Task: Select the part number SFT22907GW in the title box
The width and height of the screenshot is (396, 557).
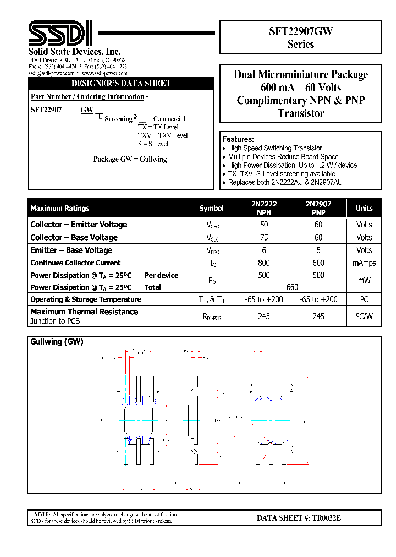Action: tap(300, 32)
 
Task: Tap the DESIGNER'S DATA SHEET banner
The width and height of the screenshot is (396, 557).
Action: tap(121, 84)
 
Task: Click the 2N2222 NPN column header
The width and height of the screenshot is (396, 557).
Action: tap(264, 208)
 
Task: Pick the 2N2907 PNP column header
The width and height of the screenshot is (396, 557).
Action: tap(318, 208)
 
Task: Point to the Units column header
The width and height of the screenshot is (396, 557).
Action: tap(364, 209)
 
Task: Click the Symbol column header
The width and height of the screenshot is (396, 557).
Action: tap(212, 209)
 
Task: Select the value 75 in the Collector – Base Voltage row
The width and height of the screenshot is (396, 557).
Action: tap(264, 238)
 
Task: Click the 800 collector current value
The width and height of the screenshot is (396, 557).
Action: tap(264, 263)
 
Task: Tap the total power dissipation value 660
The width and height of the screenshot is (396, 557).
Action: tap(292, 287)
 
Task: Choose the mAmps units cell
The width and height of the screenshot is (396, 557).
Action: tap(364, 263)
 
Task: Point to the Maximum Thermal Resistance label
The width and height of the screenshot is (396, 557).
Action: tap(84, 312)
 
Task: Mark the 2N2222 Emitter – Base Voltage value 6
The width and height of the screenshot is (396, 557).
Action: tap(264, 250)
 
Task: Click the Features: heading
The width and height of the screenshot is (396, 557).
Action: tap(238, 139)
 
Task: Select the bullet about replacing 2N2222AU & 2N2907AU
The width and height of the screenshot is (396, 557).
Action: tap(285, 182)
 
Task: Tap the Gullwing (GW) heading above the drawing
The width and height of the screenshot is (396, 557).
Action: tap(57, 342)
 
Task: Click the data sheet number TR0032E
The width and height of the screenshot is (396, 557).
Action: tap(299, 518)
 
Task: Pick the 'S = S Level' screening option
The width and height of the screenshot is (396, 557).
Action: tap(153, 144)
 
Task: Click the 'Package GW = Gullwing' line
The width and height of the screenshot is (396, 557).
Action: tap(130, 159)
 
